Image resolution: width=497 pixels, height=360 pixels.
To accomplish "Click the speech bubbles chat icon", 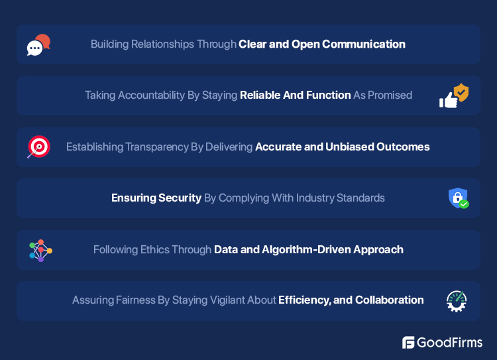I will tap(38, 44).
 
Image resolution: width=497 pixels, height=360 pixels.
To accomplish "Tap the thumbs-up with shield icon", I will tap(454, 95).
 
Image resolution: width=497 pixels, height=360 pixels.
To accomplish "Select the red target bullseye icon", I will tap(38, 147).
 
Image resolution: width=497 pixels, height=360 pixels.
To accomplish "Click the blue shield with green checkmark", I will tap(458, 198).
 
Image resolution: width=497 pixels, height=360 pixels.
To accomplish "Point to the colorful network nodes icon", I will tap(40, 250).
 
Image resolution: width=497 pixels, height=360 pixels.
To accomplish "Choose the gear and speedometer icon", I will tap(457, 301).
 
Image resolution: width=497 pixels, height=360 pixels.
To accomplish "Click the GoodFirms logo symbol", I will tap(408, 342).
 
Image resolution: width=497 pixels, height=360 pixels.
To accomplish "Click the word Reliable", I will tap(261, 95).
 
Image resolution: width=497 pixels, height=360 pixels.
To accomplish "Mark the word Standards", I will tap(360, 198).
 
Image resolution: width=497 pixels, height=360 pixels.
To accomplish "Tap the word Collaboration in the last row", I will tap(390, 300).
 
